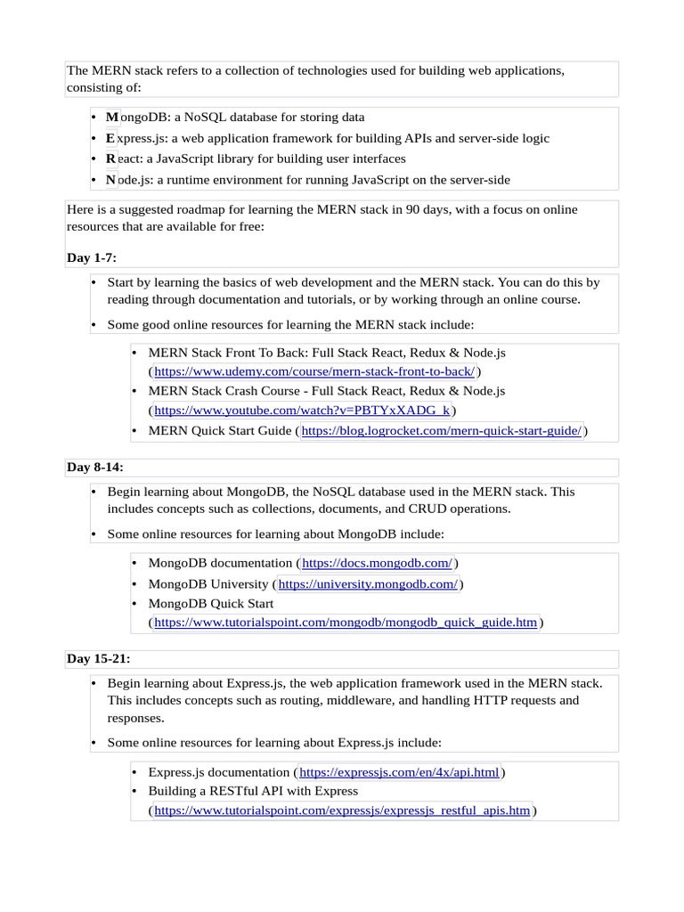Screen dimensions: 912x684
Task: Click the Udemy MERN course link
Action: pyautogui.click(x=314, y=371)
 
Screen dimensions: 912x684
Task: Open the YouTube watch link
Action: pyautogui.click(x=303, y=410)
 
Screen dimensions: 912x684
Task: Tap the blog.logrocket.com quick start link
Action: pyautogui.click(x=442, y=431)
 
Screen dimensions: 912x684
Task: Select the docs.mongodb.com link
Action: pyautogui.click(x=378, y=563)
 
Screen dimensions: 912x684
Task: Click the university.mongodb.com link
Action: pyautogui.click(x=368, y=584)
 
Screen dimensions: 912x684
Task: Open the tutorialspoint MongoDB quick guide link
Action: pyautogui.click(x=346, y=623)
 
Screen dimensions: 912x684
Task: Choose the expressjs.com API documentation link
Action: pyautogui.click(x=400, y=772)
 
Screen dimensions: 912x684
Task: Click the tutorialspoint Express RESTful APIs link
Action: pyautogui.click(x=342, y=810)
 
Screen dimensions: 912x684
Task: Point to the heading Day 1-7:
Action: pyautogui.click(x=92, y=258)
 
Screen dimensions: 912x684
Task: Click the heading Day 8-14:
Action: pyautogui.click(x=95, y=468)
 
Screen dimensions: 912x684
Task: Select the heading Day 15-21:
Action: pyautogui.click(x=99, y=659)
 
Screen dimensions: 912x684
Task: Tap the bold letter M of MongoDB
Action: pyautogui.click(x=111, y=117)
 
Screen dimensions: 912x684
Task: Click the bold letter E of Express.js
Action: pyautogui.click(x=110, y=138)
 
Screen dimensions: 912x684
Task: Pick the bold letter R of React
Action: pyautogui.click(x=110, y=159)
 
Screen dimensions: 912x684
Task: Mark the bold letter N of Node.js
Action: pyautogui.click(x=110, y=180)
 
